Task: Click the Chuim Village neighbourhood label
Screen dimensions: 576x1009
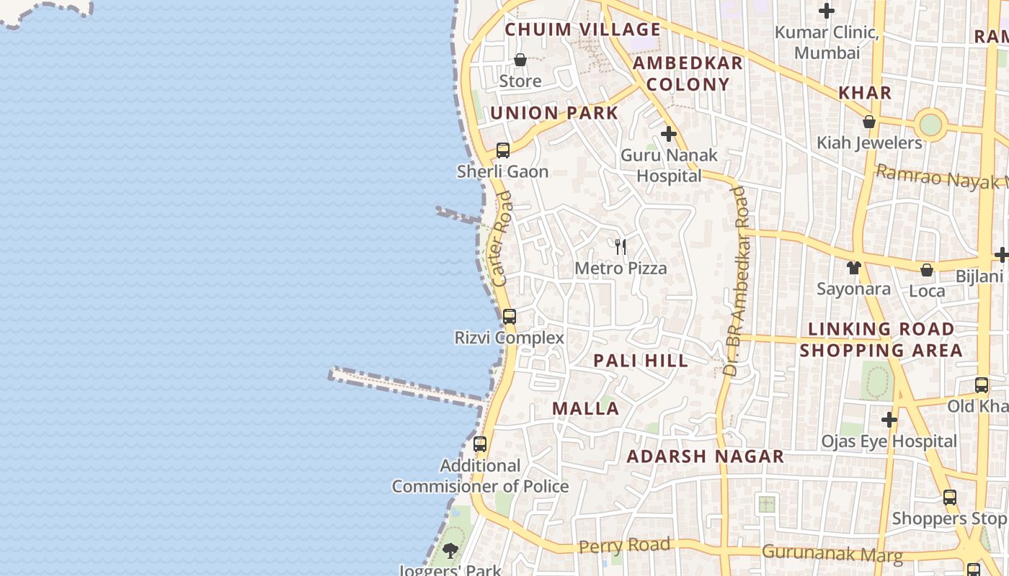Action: pyautogui.click(x=582, y=30)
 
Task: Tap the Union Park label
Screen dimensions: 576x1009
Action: pyautogui.click(x=554, y=113)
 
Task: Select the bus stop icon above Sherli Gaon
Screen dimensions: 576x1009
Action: pyautogui.click(x=503, y=150)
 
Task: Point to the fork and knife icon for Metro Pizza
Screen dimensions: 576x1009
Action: pyautogui.click(x=621, y=247)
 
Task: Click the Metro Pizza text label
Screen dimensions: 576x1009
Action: pyautogui.click(x=621, y=269)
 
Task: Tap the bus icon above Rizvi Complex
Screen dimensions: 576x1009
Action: pyautogui.click(x=510, y=316)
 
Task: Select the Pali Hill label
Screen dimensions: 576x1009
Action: pyautogui.click(x=641, y=361)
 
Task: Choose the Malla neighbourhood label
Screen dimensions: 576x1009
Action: pyautogui.click(x=585, y=408)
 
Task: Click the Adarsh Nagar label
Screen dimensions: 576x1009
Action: pyautogui.click(x=705, y=456)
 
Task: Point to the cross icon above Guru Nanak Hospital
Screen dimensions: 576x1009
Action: pyautogui.click(x=669, y=134)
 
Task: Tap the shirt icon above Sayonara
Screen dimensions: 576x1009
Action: pyautogui.click(x=854, y=268)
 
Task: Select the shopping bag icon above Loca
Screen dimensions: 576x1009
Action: pyautogui.click(x=927, y=270)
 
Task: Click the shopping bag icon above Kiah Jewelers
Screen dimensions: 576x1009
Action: pyautogui.click(x=869, y=122)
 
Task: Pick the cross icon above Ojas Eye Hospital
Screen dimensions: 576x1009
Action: pyautogui.click(x=889, y=420)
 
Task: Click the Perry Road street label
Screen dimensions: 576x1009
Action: pyautogui.click(x=624, y=546)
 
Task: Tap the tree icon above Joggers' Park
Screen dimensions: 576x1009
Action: pyautogui.click(x=450, y=552)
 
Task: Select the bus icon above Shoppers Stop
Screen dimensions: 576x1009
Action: pyautogui.click(x=950, y=497)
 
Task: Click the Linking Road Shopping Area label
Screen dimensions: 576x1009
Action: pyautogui.click(x=881, y=340)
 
